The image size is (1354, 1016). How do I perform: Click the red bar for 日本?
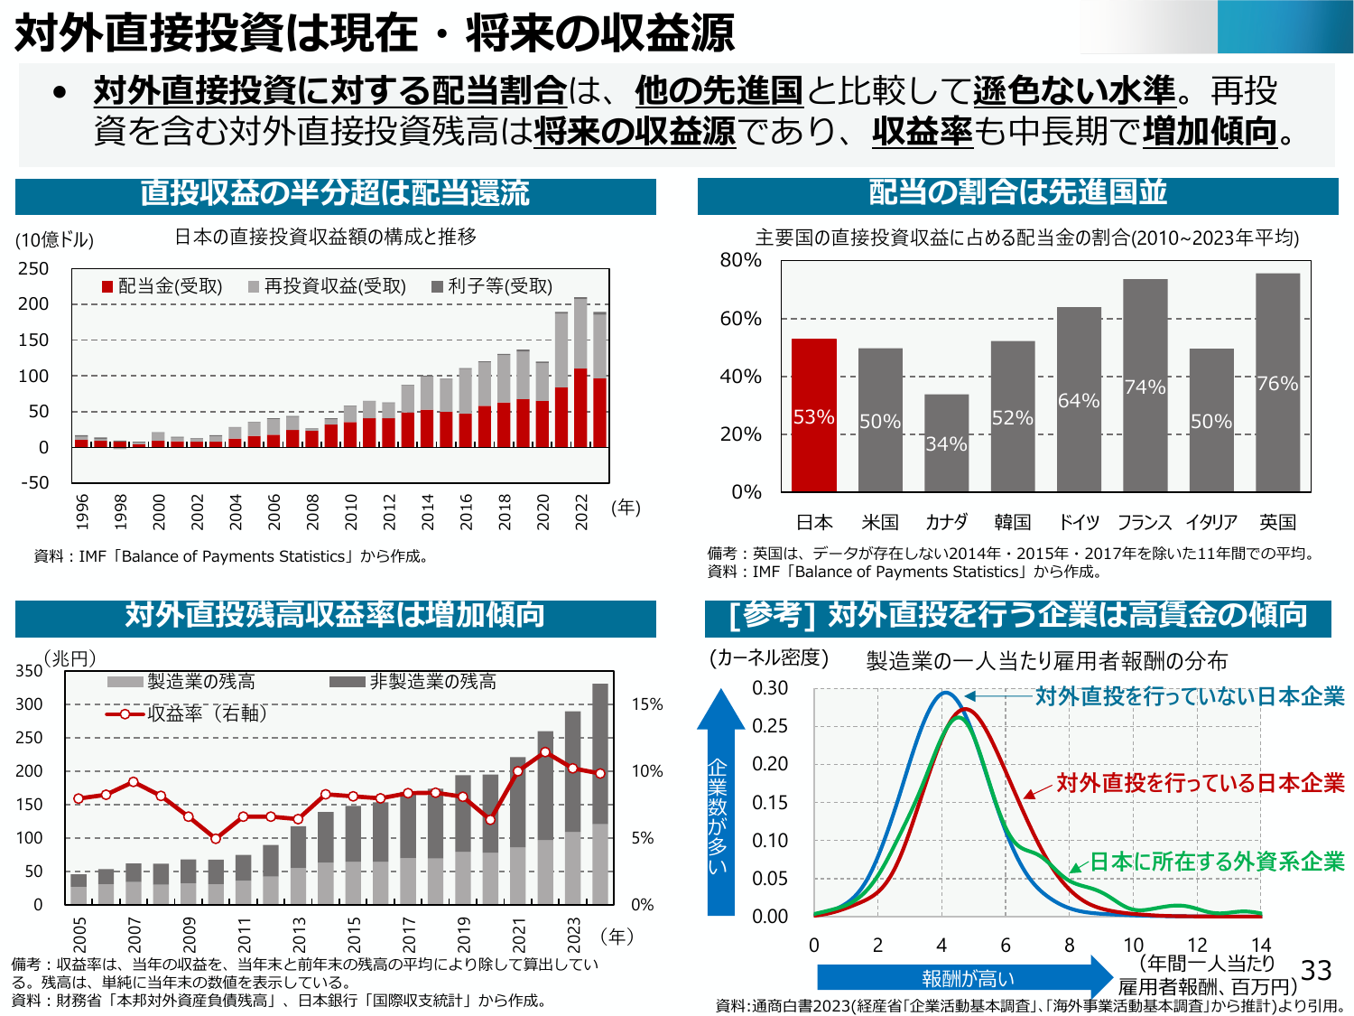(813, 415)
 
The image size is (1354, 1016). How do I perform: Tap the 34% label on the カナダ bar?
(946, 443)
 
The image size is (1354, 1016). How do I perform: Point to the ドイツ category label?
(1079, 522)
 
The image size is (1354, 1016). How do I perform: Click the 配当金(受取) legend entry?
(162, 286)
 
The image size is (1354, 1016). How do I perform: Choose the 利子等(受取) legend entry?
(492, 286)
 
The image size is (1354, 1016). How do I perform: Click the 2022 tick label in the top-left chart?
(581, 511)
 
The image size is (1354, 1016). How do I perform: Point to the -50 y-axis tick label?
(35, 482)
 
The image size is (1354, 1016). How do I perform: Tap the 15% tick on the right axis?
(646, 704)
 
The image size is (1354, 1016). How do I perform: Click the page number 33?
(1316, 970)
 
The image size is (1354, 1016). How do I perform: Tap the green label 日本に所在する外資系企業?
(1217, 862)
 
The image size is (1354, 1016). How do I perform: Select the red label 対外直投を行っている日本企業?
(1201, 783)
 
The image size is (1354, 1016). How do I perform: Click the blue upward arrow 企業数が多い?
(719, 804)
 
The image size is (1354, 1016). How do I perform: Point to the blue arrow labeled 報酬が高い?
(966, 978)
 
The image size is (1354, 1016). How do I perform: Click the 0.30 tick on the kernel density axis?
(770, 688)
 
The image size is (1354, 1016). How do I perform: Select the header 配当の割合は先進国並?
(1017, 192)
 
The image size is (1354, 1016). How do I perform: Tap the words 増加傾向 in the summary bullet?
(1210, 132)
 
